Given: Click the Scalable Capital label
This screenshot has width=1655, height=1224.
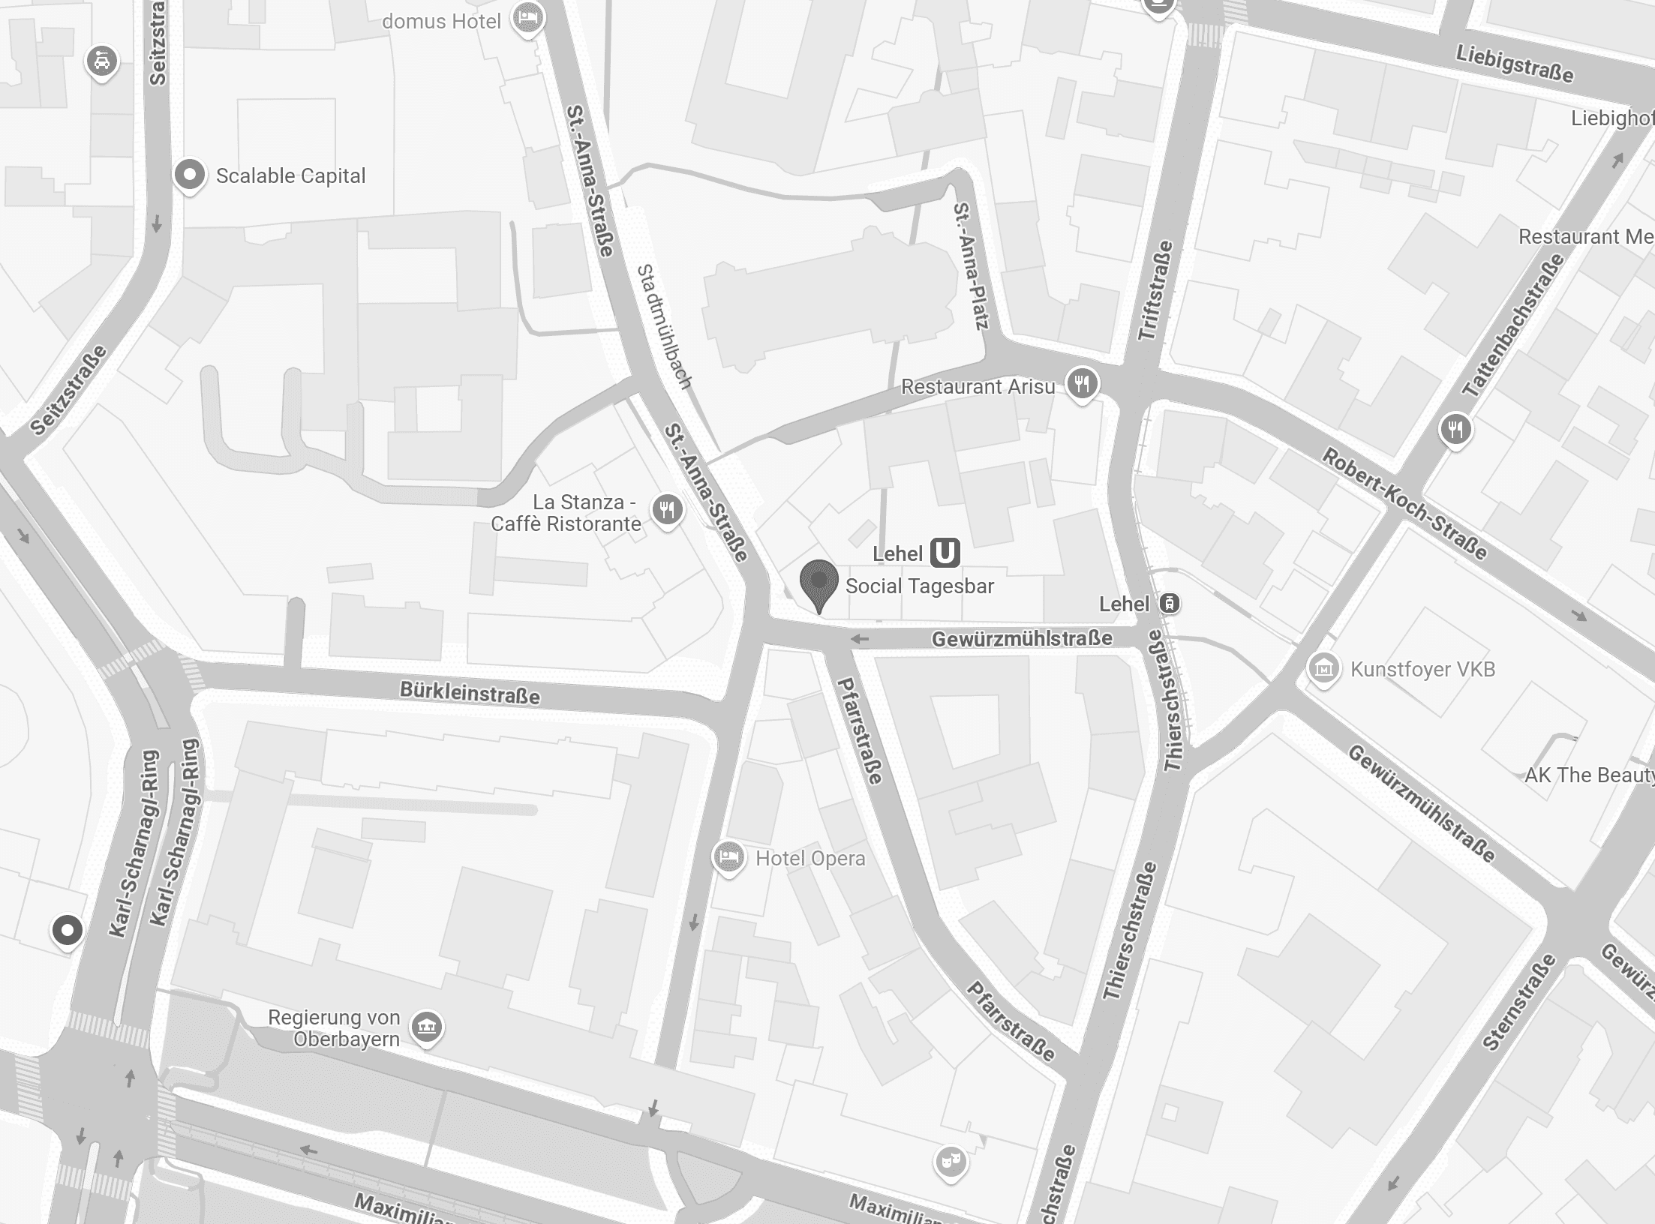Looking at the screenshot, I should pos(290,176).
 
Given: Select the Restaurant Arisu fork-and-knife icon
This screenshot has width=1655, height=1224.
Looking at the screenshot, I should pos(1081,384).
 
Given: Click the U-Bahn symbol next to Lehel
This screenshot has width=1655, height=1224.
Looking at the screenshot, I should pos(945,553).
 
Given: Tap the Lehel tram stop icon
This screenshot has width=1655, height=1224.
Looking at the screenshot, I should pos(1169,603).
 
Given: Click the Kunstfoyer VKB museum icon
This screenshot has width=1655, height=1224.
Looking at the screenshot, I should pos(1323,667).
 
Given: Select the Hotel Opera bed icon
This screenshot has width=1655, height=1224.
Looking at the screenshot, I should pos(728,856).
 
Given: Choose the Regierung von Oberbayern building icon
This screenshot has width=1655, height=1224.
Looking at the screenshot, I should pos(427,1025).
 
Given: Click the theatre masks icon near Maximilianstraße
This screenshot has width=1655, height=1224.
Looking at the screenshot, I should pos(950,1162).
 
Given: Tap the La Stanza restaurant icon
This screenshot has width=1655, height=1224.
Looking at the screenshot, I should pos(667,511).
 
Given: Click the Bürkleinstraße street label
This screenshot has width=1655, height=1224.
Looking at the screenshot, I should pos(470,692).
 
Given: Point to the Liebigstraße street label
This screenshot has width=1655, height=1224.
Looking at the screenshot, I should pos(1515,64).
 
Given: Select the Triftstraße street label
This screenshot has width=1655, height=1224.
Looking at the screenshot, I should pos(1155,291).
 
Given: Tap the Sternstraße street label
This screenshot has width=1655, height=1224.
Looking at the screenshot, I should pos(1518,1002).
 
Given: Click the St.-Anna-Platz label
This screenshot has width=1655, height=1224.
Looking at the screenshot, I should pos(972,266).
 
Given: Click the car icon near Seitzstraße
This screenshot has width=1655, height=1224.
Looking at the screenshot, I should pos(102,61).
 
